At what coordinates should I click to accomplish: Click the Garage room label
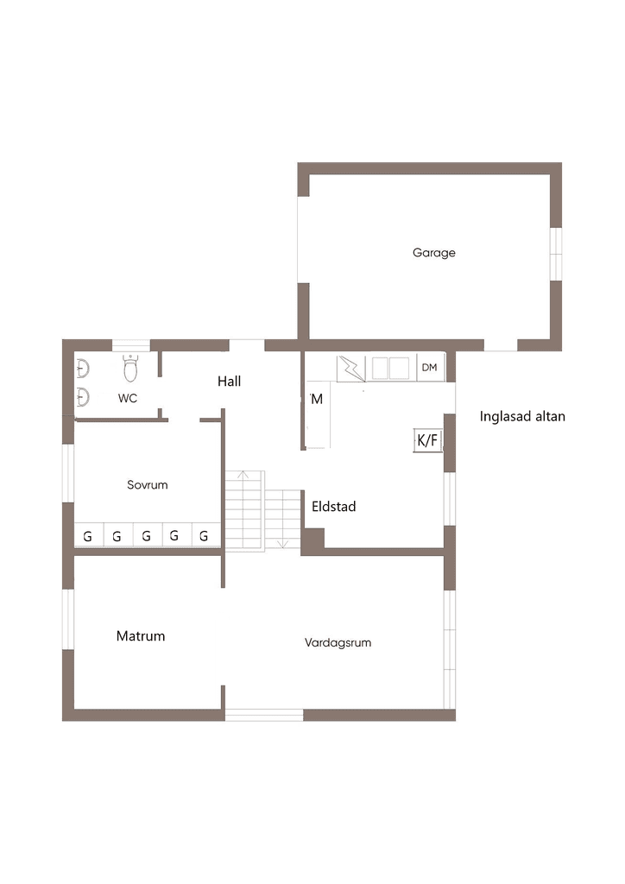point(434,253)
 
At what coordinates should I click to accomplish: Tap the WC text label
point(128,398)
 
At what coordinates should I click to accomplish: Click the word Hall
point(229,381)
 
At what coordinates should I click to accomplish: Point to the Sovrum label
point(147,485)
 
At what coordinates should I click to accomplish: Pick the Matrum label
point(141,636)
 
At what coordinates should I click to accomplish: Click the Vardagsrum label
point(338,642)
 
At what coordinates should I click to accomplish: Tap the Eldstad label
point(333,506)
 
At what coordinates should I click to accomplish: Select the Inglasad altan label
point(522,417)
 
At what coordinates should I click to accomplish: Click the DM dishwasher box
point(430,368)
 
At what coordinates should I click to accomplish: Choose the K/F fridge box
point(427,439)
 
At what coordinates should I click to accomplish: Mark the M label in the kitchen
point(317,399)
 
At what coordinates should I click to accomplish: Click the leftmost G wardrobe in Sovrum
point(89,535)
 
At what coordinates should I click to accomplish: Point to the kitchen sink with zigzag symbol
point(351,369)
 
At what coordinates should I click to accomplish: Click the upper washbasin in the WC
point(83,369)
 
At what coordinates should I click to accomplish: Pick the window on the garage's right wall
point(556,254)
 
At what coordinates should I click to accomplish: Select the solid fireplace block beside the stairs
point(312,541)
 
